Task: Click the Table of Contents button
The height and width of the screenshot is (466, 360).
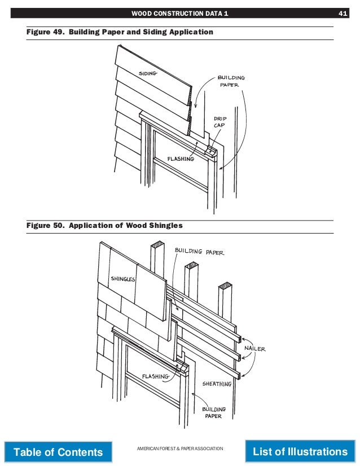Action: click(58, 452)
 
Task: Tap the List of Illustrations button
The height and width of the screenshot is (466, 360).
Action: click(300, 451)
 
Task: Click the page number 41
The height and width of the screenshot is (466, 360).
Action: click(343, 13)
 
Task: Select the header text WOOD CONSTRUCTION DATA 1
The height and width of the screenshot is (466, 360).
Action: click(179, 13)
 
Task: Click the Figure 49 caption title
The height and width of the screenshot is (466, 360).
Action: click(120, 32)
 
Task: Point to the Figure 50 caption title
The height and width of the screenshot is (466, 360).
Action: click(105, 226)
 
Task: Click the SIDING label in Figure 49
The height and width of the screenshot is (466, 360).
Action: click(147, 73)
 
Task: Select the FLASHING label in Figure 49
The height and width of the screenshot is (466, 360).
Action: click(181, 159)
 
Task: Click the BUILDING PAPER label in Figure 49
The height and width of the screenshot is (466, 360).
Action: click(231, 82)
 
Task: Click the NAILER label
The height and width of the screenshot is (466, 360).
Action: click(254, 349)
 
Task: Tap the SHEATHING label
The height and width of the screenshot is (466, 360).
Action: click(217, 384)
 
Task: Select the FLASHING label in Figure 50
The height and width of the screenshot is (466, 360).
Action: click(155, 376)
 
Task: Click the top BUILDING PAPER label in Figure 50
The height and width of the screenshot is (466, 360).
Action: click(199, 250)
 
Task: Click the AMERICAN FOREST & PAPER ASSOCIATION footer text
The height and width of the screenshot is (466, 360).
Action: click(180, 448)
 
